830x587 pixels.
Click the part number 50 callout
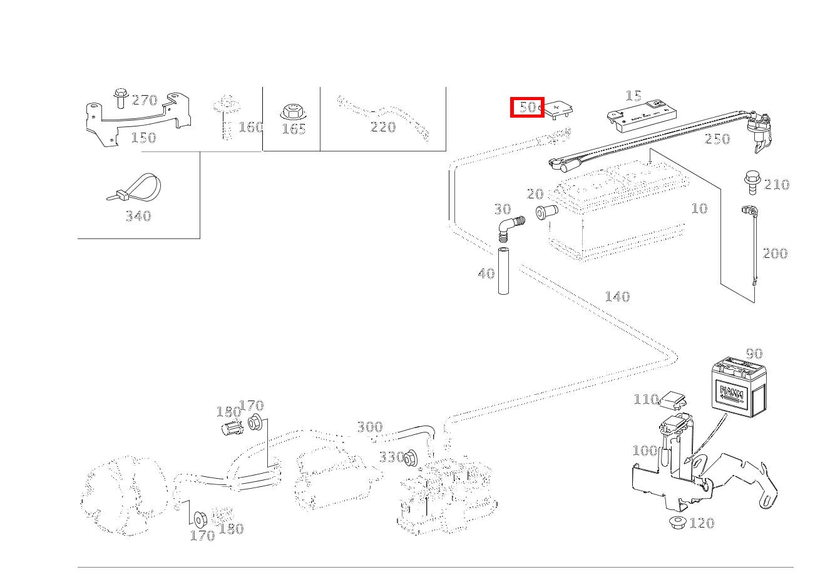(528, 107)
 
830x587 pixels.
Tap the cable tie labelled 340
(135, 188)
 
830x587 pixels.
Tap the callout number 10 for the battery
(699, 208)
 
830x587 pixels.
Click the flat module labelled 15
(644, 116)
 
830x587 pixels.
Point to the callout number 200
(774, 253)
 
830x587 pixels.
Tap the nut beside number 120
(677, 521)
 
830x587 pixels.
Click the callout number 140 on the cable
(617, 297)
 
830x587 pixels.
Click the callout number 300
(369, 427)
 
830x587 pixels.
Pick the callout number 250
(717, 139)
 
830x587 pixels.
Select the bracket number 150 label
(143, 138)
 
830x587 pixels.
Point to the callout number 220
(383, 127)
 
